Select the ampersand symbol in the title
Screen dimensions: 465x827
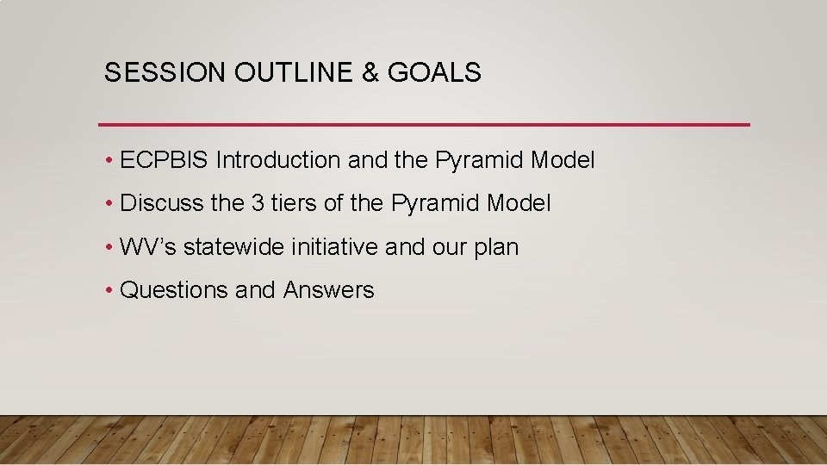(x=371, y=73)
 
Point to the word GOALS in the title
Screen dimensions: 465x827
(x=434, y=73)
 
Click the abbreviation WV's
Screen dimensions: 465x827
(x=148, y=247)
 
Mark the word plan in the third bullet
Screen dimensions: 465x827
(x=497, y=248)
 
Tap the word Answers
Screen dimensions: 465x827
(x=329, y=290)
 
